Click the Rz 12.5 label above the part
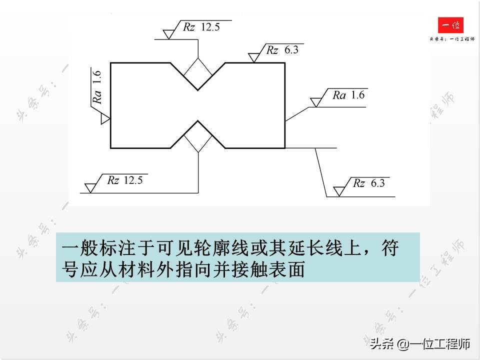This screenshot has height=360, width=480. (x=201, y=27)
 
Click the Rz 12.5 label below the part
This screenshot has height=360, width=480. (x=125, y=180)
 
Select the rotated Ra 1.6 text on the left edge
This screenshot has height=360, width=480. (x=97, y=87)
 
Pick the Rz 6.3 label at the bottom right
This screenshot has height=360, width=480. (x=369, y=183)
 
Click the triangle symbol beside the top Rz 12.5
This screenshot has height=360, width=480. (x=169, y=34)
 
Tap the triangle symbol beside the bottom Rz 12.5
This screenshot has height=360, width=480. (x=90, y=187)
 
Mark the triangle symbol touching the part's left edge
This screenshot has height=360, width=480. (x=105, y=119)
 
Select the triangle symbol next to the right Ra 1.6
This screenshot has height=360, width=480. (x=315, y=102)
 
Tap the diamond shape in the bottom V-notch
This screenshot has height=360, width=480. (x=198, y=136)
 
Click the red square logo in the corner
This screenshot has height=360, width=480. (x=450, y=25)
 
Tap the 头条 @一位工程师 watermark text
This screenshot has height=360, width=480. (x=420, y=343)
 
